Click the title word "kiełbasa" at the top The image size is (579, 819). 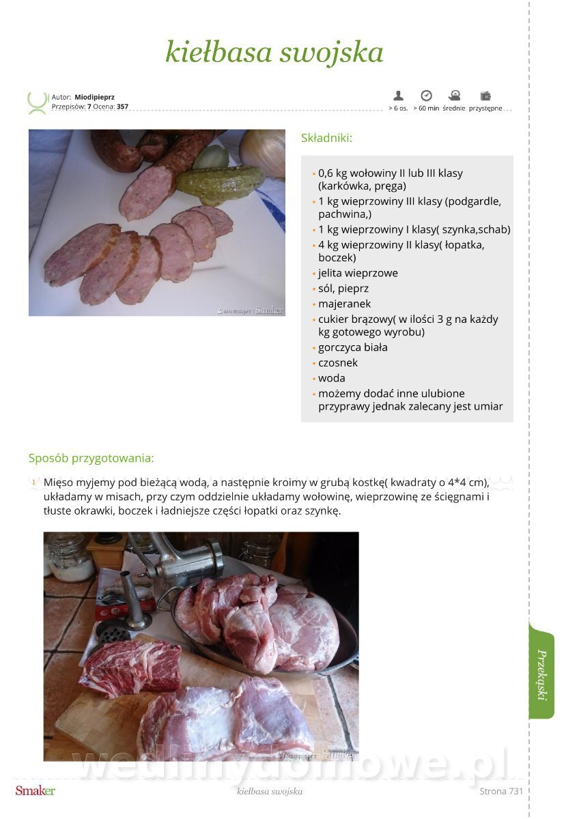[x=218, y=52]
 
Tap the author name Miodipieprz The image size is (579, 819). [x=94, y=97]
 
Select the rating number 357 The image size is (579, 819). [x=122, y=106]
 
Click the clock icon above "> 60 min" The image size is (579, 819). [x=426, y=96]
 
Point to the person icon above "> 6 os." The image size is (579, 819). [x=398, y=96]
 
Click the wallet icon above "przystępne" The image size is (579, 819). [x=485, y=96]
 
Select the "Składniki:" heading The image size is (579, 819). [x=326, y=138]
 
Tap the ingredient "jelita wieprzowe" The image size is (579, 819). [x=358, y=273]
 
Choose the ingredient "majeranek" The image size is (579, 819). [x=344, y=304]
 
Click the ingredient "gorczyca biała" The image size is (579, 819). [x=352, y=347]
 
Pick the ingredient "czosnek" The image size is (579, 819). [x=337, y=362]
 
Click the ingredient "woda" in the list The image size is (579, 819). [x=331, y=378]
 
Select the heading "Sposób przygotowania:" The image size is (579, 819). [x=91, y=459]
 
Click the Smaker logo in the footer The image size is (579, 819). [x=35, y=791]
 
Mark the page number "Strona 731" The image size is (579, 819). [x=500, y=791]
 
